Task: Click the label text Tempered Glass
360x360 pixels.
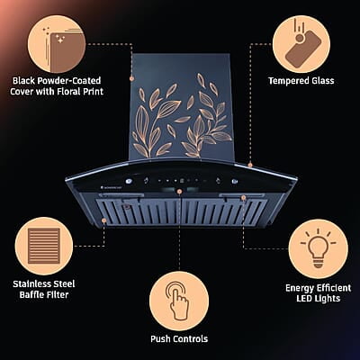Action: click(301, 81)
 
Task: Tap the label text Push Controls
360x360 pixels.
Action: click(179, 339)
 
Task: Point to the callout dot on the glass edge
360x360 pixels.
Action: click(249, 165)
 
